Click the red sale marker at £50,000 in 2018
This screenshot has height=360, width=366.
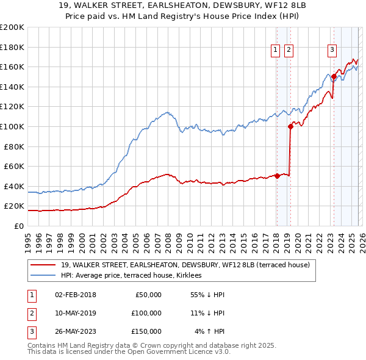pyautogui.click(x=276, y=176)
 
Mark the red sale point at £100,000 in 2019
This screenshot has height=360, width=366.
pyautogui.click(x=290, y=126)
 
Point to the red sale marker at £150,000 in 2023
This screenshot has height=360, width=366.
pyautogui.click(x=334, y=76)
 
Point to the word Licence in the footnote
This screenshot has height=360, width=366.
pyautogui.click(x=185, y=352)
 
